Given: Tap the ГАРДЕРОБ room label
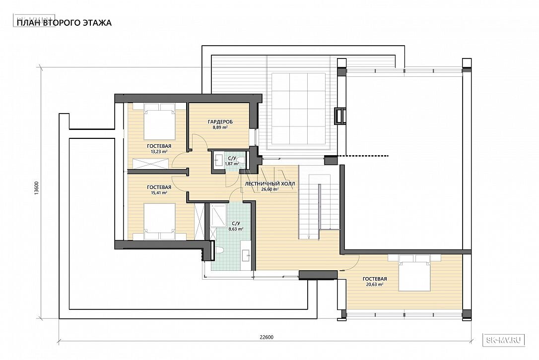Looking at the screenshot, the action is pyautogui.click(x=220, y=121).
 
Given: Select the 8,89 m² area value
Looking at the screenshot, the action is pyautogui.click(x=220, y=127).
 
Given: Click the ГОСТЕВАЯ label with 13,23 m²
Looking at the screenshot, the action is pyautogui.click(x=159, y=146).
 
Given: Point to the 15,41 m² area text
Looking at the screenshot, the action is pyautogui.click(x=159, y=193).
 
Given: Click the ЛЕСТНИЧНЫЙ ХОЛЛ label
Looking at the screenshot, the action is pyautogui.click(x=270, y=183).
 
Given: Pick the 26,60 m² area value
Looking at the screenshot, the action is pyautogui.click(x=270, y=188).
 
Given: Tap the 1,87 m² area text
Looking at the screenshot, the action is pyautogui.click(x=232, y=164).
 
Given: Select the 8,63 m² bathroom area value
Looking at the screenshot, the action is pyautogui.click(x=236, y=229).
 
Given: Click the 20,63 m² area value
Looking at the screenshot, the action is pyautogui.click(x=375, y=285).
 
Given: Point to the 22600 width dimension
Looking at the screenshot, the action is pyautogui.click(x=266, y=337).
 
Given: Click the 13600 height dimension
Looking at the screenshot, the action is pyautogui.click(x=36, y=188).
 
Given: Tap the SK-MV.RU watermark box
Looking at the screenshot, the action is pyautogui.click(x=504, y=340).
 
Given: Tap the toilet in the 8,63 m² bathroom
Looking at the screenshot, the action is pyautogui.click(x=220, y=250).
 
